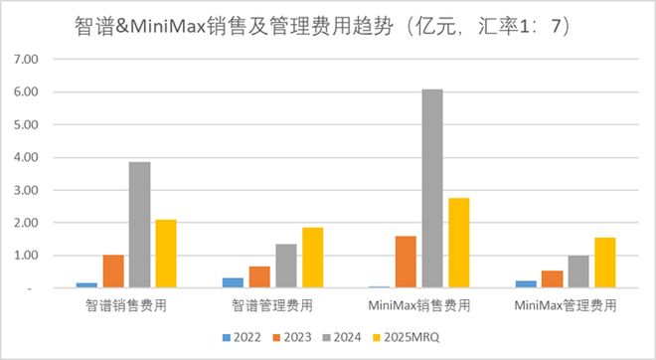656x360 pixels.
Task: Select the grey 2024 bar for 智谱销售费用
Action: (x=139, y=225)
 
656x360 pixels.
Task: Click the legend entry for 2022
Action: (x=243, y=337)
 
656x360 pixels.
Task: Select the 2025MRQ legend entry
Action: (x=410, y=337)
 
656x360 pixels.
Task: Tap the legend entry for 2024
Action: (x=350, y=337)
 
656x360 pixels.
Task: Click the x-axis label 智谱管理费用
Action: (x=271, y=306)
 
